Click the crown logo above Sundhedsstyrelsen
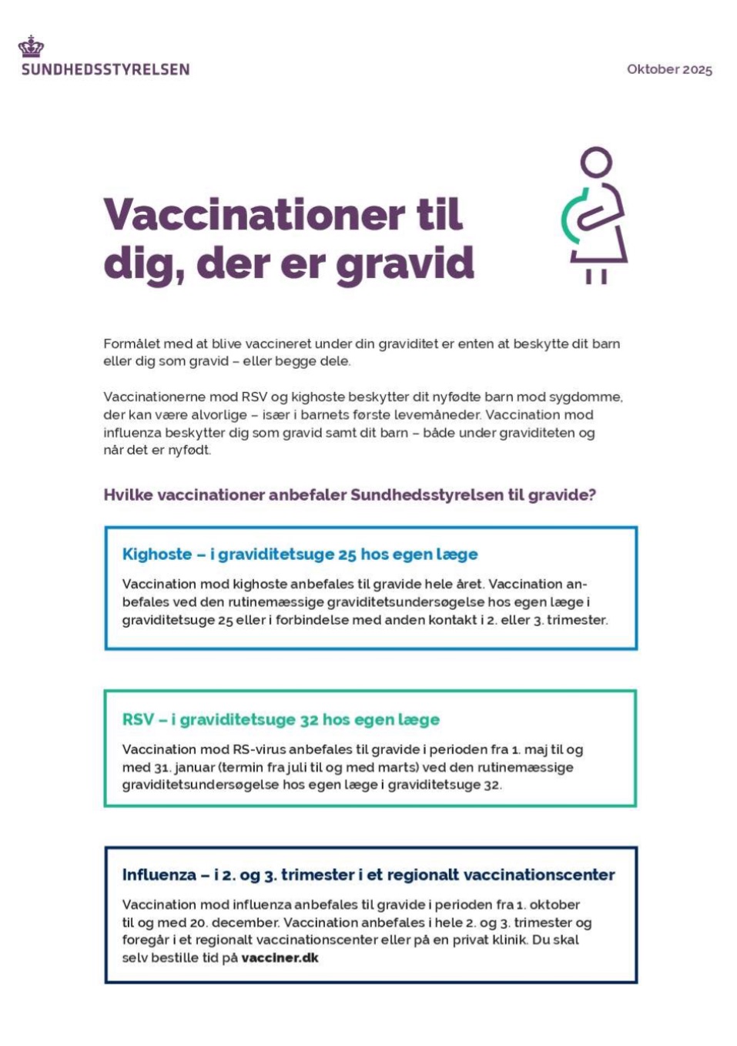pyautogui.click(x=31, y=47)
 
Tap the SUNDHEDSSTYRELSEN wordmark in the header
pyautogui.click(x=106, y=69)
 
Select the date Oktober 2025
pyautogui.click(x=669, y=69)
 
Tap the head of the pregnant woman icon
pyautogui.click(x=596, y=163)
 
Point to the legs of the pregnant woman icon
pyautogui.click(x=596, y=276)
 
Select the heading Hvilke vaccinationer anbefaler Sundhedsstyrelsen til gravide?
pyautogui.click(x=350, y=495)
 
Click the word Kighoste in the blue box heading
pyautogui.click(x=157, y=554)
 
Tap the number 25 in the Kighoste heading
pyautogui.click(x=347, y=555)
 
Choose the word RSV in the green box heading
pyautogui.click(x=138, y=719)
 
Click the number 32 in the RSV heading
pyautogui.click(x=309, y=719)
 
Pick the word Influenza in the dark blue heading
pyautogui.click(x=159, y=874)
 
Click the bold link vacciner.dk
pyautogui.click(x=280, y=957)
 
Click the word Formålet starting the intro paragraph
pyautogui.click(x=132, y=344)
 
